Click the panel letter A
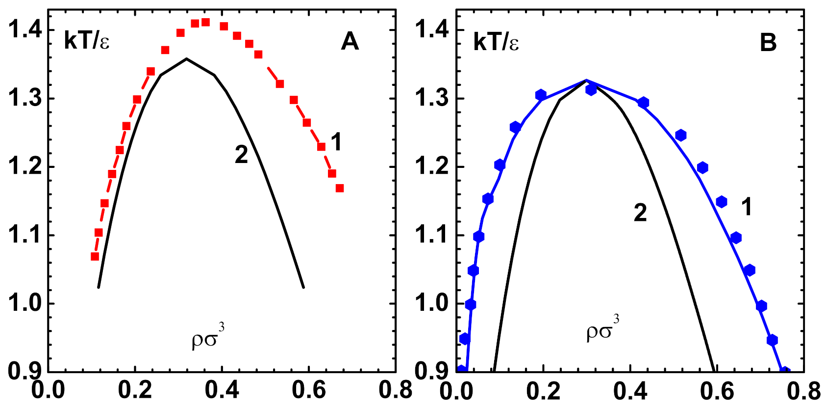click(350, 42)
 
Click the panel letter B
click(768, 43)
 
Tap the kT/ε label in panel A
click(87, 41)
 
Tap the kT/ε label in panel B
click(496, 42)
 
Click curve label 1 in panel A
click(336, 142)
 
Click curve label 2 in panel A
click(241, 155)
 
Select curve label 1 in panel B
click(746, 207)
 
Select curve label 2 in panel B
click(640, 213)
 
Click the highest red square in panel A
click(205, 22)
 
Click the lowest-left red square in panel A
click(95, 256)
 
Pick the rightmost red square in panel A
click(340, 188)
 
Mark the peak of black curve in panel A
click(186, 59)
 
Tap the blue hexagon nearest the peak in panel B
click(591, 89)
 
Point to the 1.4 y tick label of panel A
click(24, 30)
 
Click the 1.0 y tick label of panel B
click(432, 303)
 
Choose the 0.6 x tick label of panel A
click(308, 390)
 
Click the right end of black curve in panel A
click(303, 287)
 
